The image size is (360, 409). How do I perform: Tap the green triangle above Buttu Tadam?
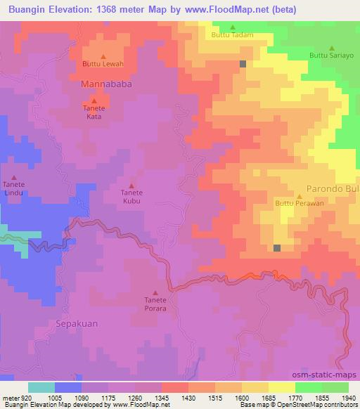(x=233, y=27)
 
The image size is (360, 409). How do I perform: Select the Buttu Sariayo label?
(x=330, y=55)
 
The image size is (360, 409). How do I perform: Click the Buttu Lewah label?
(x=103, y=65)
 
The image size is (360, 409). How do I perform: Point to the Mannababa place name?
(x=106, y=84)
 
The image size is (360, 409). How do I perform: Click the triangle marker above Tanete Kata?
(x=94, y=101)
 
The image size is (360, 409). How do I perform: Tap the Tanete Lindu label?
(x=14, y=188)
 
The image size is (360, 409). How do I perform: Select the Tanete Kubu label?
(x=131, y=197)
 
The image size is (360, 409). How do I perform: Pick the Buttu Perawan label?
(x=299, y=204)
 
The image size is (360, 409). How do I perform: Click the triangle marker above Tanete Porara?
(x=155, y=293)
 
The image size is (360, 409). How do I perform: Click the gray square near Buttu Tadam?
(x=243, y=64)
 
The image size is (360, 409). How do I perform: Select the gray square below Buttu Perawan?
(x=277, y=248)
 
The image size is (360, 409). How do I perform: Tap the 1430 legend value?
(x=187, y=398)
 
